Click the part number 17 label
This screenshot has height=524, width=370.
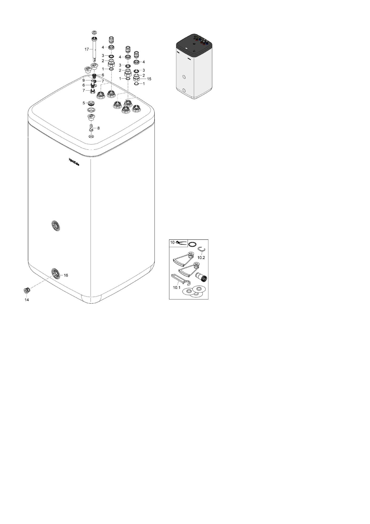click(87, 49)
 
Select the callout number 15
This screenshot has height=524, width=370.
click(149, 79)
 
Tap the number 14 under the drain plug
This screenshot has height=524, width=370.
click(27, 300)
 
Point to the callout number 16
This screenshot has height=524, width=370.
click(66, 275)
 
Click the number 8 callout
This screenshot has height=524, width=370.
click(98, 128)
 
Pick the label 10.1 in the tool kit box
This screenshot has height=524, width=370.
click(177, 288)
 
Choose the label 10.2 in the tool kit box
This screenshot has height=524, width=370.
click(201, 258)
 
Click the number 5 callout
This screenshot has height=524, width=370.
click(84, 103)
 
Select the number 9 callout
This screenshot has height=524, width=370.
click(83, 80)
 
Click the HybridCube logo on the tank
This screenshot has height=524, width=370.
click(74, 162)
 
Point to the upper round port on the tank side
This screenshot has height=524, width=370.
click(56, 226)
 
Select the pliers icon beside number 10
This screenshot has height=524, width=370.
click(181, 243)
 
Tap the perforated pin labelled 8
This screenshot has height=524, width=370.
click(91, 128)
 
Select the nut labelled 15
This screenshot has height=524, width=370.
click(136, 79)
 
